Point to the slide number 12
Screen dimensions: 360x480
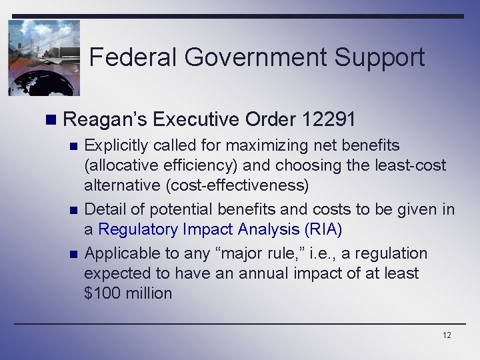446,335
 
